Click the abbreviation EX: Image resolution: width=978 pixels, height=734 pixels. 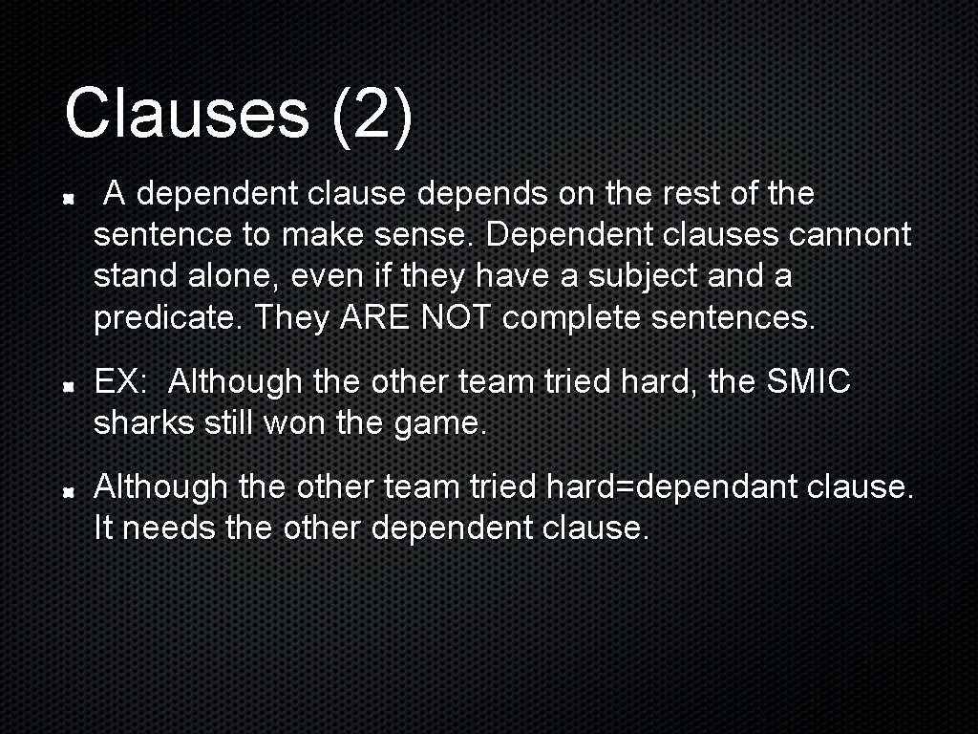coord(120,382)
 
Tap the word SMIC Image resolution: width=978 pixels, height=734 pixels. coord(808,382)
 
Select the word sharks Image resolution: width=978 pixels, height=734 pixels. coord(144,423)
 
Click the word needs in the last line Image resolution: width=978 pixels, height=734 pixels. coord(169,529)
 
